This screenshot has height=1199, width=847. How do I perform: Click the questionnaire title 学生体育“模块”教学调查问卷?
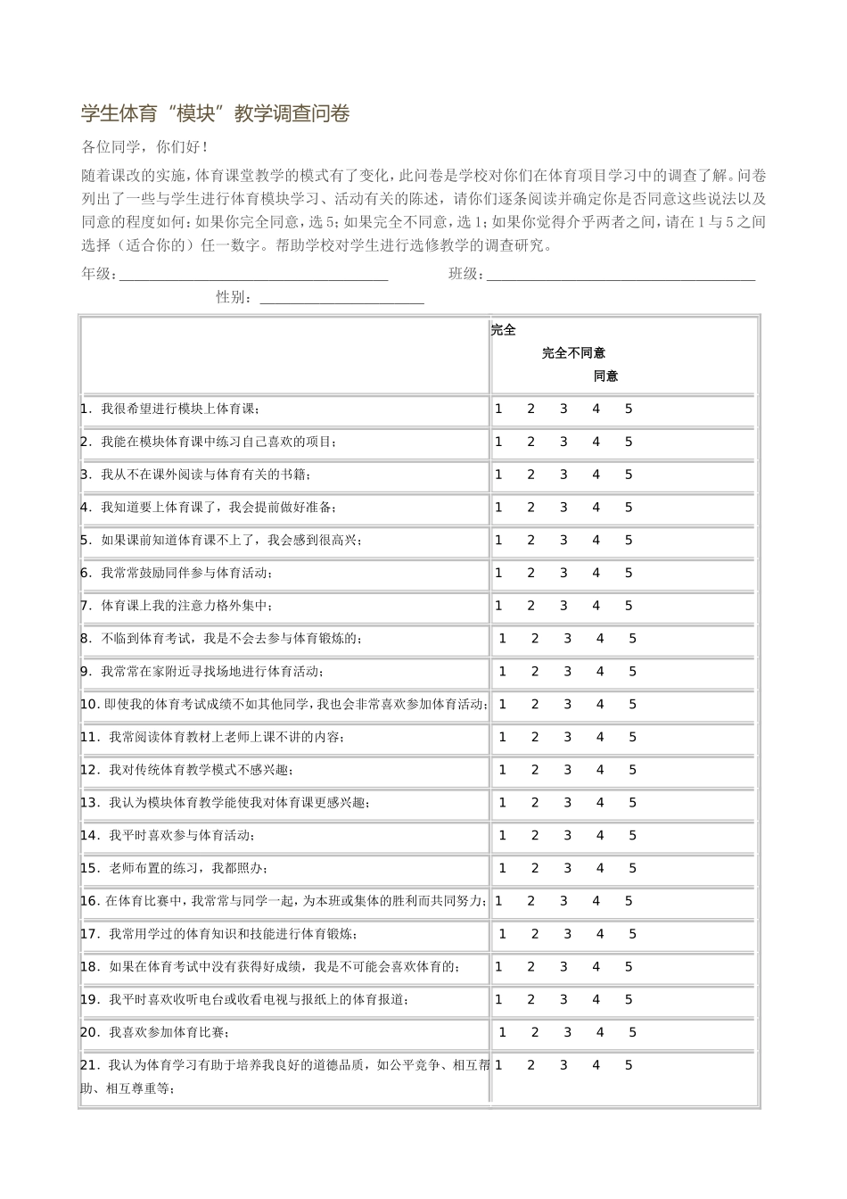(x=215, y=113)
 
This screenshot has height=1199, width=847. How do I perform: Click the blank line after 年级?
(x=254, y=277)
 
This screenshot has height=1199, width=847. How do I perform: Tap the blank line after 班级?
(x=621, y=277)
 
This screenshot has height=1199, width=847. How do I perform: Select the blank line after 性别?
(x=341, y=300)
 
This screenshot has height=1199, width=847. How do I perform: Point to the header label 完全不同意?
(x=573, y=353)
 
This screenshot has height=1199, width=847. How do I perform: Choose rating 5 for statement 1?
(x=629, y=409)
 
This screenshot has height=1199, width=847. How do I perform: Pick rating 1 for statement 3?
(x=498, y=475)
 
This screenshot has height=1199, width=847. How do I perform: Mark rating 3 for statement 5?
(x=563, y=540)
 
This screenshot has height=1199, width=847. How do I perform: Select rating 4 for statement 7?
(x=596, y=606)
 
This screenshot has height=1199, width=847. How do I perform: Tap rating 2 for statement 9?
(x=535, y=671)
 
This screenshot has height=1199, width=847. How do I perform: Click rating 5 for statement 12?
(x=633, y=770)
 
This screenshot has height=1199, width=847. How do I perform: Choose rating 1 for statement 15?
(x=502, y=868)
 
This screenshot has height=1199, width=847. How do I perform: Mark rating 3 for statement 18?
(x=563, y=966)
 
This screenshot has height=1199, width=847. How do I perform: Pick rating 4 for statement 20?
(x=600, y=1032)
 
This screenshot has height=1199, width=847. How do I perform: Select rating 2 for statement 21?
(x=530, y=1064)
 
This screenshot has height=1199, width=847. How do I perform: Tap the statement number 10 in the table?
(x=89, y=705)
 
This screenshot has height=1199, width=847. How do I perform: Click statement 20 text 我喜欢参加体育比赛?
(x=169, y=1033)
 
